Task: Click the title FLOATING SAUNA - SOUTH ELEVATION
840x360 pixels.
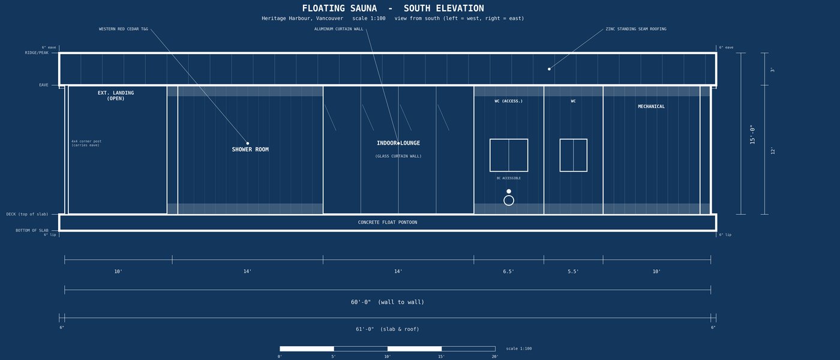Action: pyautogui.click(x=393, y=8)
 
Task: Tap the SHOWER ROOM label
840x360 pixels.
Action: pyautogui.click(x=250, y=149)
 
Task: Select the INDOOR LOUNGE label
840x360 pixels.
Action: pyautogui.click(x=398, y=143)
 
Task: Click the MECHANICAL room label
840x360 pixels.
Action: pyautogui.click(x=652, y=107)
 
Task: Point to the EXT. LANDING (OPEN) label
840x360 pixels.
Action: pyautogui.click(x=115, y=95)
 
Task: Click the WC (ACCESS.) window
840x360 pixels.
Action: pyautogui.click(x=509, y=155)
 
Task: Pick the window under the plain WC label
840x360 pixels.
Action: pyautogui.click(x=574, y=155)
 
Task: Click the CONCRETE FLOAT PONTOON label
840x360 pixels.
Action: pyautogui.click(x=388, y=223)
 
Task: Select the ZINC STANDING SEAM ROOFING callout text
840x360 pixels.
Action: pyautogui.click(x=636, y=29)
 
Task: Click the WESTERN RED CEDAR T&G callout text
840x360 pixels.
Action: pyautogui.click(x=124, y=29)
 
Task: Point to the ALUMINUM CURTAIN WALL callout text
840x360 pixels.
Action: pyautogui.click(x=338, y=29)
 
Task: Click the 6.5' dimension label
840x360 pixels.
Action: pyautogui.click(x=509, y=271)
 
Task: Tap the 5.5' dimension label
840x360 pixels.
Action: pyautogui.click(x=573, y=271)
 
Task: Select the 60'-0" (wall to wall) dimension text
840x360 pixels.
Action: pyautogui.click(x=388, y=302)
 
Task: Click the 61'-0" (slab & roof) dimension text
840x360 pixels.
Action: pyautogui.click(x=388, y=329)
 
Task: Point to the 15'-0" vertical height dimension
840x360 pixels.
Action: pyautogui.click(x=752, y=134)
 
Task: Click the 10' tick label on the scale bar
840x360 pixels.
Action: pyautogui.click(x=388, y=356)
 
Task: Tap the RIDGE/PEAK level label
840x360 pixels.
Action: pyautogui.click(x=37, y=53)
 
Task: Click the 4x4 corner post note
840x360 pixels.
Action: pyautogui.click(x=86, y=143)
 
